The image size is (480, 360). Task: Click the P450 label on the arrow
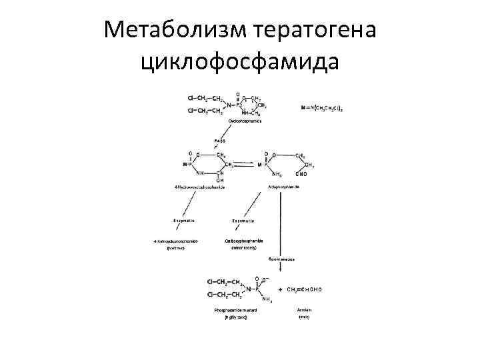coord(219,141)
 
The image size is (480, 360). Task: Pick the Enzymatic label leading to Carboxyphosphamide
coord(242,220)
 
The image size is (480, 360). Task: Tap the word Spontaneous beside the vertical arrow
coord(282,257)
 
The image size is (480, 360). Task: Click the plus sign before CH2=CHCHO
coord(279,290)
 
